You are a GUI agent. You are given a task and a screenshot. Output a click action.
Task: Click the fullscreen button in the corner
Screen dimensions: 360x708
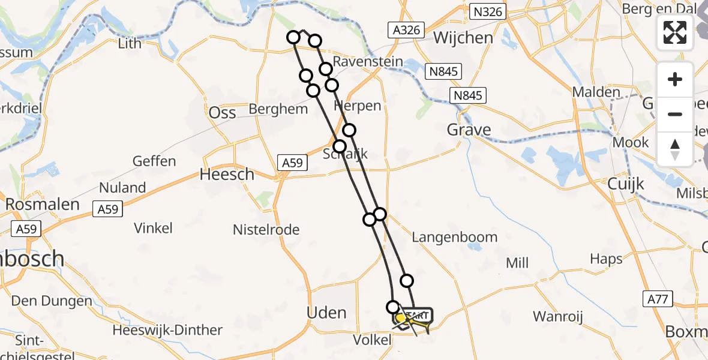[675, 32]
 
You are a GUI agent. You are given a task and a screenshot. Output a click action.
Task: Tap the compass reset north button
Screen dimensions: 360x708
[675, 149]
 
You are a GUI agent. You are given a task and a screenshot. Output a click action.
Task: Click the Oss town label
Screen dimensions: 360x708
[222, 112]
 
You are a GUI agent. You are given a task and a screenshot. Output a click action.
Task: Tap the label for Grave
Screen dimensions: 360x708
[469, 130]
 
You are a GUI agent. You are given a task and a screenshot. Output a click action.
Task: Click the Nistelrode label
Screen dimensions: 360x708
[266, 229]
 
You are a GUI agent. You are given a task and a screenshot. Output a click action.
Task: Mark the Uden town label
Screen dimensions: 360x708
[326, 313]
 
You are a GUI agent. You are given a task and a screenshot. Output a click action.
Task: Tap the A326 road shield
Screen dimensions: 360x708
[406, 30]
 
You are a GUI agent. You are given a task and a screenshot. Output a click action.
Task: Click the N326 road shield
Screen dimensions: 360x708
[488, 12]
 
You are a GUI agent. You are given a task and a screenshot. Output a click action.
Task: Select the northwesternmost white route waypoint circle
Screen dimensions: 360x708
[293, 38]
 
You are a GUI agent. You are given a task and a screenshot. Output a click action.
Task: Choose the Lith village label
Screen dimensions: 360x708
[130, 43]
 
